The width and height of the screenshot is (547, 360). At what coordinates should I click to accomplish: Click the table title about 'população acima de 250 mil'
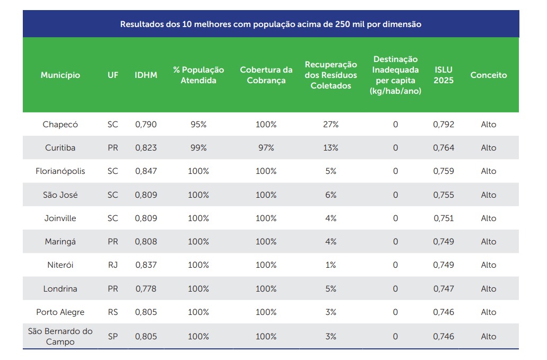[x=271, y=24]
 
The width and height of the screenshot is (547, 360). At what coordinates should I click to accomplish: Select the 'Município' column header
[x=60, y=75]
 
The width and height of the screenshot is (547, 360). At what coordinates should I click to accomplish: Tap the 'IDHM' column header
[x=146, y=75]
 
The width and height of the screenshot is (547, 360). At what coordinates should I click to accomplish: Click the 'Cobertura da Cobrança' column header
[x=266, y=75]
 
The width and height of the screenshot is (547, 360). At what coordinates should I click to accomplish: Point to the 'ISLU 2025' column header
[x=444, y=75]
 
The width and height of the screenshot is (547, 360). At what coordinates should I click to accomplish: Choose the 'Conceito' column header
[x=489, y=75]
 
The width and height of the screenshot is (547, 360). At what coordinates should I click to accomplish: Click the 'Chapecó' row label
[x=60, y=125]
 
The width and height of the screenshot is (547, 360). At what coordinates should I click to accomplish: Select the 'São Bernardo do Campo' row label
[x=60, y=337]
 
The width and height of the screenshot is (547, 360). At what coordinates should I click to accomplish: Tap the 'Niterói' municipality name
[x=60, y=265]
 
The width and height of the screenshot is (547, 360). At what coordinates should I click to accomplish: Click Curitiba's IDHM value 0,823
[x=146, y=148]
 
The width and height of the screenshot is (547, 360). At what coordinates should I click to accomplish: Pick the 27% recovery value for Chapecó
[x=331, y=125]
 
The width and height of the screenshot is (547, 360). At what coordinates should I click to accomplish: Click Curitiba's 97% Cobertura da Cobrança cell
[x=266, y=148]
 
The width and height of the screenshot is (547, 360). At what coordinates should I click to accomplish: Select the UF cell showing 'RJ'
[x=113, y=265]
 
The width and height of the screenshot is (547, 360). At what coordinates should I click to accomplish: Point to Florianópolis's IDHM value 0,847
[x=146, y=171]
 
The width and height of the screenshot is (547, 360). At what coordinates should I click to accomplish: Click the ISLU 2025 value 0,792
[x=444, y=125]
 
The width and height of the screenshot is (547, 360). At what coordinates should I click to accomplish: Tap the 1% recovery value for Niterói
[x=331, y=265]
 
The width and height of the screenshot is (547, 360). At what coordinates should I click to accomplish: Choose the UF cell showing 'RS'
[x=113, y=312]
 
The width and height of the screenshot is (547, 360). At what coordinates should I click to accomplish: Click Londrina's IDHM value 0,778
[x=146, y=289]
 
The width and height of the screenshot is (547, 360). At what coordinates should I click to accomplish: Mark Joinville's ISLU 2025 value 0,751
[x=444, y=218]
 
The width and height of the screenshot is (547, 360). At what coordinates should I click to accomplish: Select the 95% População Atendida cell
[x=198, y=125]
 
